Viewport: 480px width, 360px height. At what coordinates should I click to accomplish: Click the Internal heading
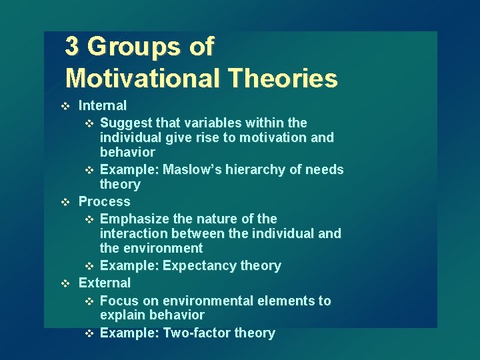[102, 105]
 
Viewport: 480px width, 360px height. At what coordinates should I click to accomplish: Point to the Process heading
[104, 201]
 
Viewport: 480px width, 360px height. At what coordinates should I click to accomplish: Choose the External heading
[104, 283]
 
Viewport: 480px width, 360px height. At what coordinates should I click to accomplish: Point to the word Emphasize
[132, 219]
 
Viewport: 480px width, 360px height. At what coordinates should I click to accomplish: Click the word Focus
[118, 301]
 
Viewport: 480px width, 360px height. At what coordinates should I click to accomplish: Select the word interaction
[133, 233]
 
